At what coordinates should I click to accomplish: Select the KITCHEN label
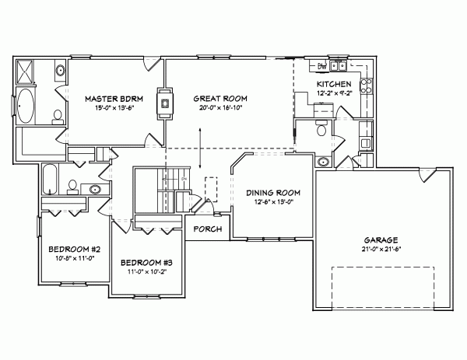335,83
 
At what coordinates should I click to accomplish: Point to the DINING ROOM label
273,192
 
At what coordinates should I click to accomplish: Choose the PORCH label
207,229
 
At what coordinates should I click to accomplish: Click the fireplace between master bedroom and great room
164,101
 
